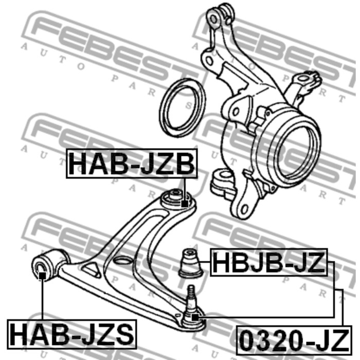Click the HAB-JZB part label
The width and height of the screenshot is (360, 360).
pyautogui.click(x=132, y=164)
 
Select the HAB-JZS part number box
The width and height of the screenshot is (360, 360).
pyautogui.click(x=72, y=334)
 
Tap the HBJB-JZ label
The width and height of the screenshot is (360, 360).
pyautogui.click(x=269, y=262)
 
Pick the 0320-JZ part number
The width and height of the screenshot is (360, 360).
pyautogui.click(x=294, y=340)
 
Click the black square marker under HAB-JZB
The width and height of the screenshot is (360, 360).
pyautogui.click(x=185, y=204)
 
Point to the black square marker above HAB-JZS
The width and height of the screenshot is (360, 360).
pyautogui.click(x=42, y=276)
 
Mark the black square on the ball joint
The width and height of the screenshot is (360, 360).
pyautogui.click(x=195, y=317)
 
